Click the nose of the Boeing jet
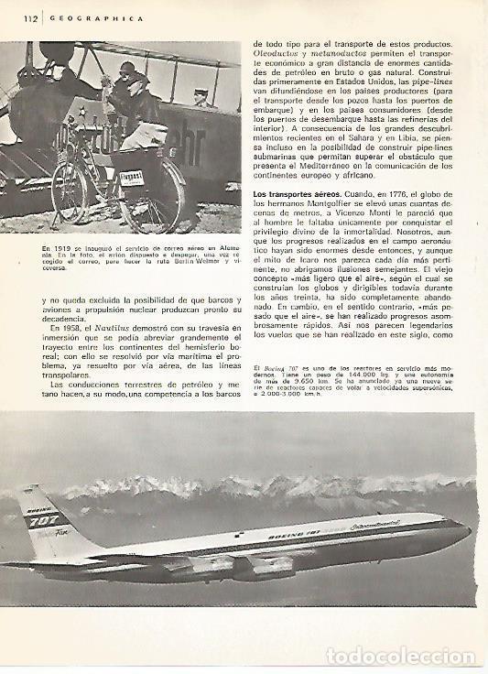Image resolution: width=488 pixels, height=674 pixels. click(x=471, y=529)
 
